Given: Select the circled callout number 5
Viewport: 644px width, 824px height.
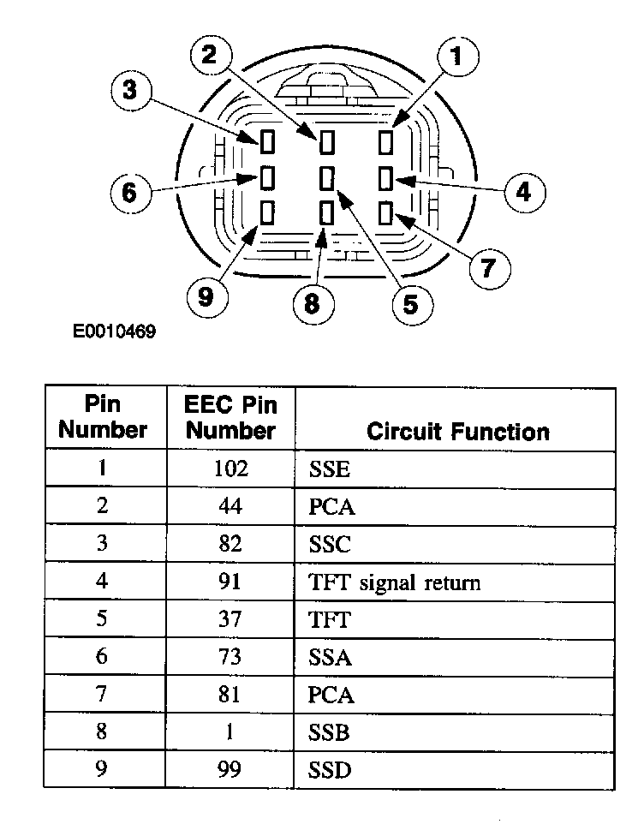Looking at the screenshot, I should click(412, 304).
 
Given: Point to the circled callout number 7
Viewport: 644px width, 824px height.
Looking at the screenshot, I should click(486, 268).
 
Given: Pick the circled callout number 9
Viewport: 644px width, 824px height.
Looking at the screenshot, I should click(206, 297).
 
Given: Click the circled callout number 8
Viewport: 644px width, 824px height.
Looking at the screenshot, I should click(310, 303).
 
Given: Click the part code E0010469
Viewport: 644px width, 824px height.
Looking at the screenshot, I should click(114, 331).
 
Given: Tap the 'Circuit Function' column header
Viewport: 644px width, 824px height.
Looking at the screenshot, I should click(457, 431).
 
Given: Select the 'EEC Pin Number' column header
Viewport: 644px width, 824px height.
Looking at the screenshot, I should click(230, 417).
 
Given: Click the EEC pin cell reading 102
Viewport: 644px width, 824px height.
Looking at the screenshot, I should click(230, 469).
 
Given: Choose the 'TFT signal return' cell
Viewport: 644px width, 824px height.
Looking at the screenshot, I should click(394, 583).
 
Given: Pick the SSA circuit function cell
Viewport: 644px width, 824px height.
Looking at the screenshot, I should click(330, 658).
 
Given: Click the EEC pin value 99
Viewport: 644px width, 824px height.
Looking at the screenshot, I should click(230, 770).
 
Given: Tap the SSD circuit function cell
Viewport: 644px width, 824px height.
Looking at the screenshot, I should click(330, 770).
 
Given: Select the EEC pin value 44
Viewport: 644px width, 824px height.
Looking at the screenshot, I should click(230, 506).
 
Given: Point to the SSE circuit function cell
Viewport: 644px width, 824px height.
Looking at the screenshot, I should click(329, 469).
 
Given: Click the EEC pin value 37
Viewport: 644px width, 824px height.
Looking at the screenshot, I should click(230, 620).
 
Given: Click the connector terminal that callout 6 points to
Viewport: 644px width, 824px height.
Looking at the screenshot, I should click(267, 177).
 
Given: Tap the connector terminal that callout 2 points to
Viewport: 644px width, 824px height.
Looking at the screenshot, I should click(326, 140).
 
